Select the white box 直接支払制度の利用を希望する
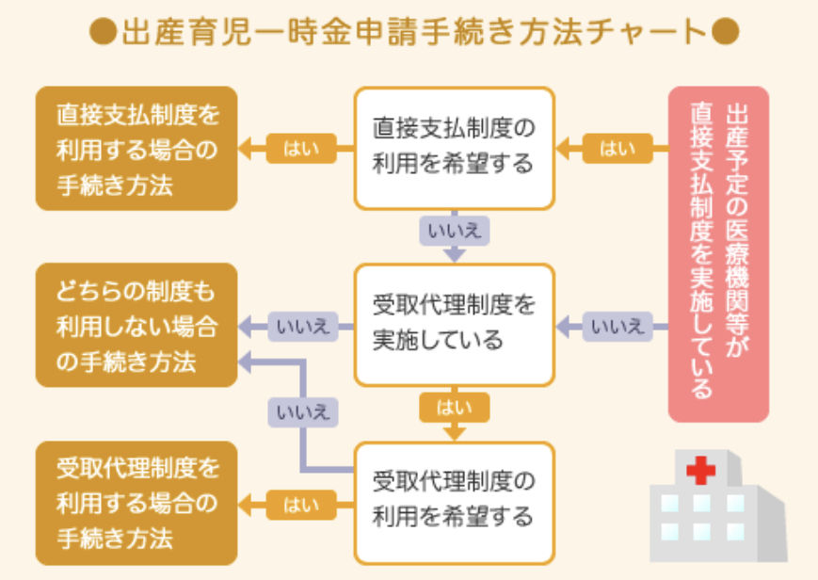click(x=454, y=148)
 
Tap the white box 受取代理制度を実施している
click(x=454, y=323)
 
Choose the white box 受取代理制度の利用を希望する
click(x=454, y=500)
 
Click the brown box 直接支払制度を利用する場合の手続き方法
click(x=136, y=148)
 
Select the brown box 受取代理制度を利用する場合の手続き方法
click(x=136, y=502)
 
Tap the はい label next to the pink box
click(x=618, y=149)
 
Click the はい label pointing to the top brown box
click(x=300, y=149)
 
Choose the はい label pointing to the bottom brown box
click(x=300, y=506)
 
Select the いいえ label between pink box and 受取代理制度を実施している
click(x=618, y=327)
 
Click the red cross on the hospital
click(x=700, y=470)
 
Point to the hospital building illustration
click(x=716, y=505)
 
